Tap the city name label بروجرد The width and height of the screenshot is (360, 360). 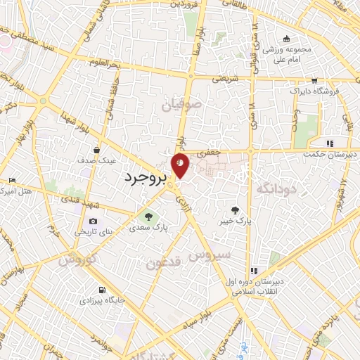(146, 178)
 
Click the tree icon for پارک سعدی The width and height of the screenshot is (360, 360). (148, 216)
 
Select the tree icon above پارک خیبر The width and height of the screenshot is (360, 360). (235, 210)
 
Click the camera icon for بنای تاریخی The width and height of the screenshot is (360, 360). (93, 221)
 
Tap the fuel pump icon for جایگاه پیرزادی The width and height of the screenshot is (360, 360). (103, 290)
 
